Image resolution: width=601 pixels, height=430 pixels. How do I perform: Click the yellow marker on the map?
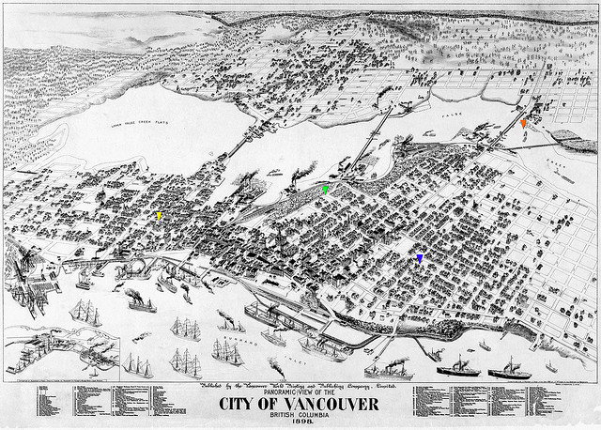pos(159,215)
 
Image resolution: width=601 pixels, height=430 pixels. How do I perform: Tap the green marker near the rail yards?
pos(325,190)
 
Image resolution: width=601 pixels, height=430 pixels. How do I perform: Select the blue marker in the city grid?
pos(420,257)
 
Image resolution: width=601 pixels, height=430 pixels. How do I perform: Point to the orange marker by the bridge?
pos(523,123)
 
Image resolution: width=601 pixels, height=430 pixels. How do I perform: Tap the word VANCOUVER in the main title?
pos(332,405)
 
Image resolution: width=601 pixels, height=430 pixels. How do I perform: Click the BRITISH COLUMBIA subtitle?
pos(300,416)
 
